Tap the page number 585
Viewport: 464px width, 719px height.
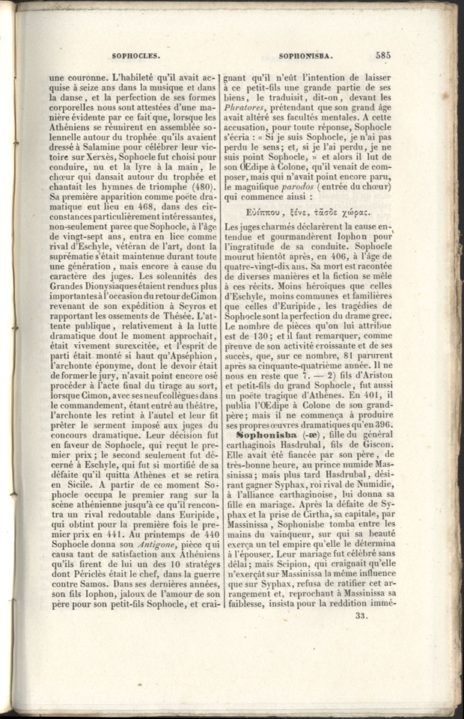383,55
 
